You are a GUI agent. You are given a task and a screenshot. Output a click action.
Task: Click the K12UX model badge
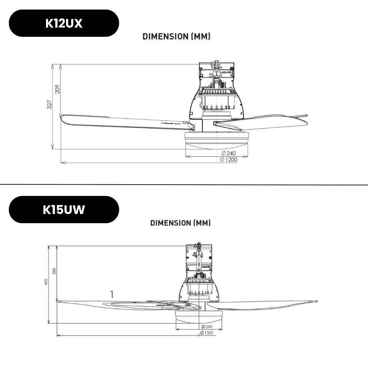(64, 23)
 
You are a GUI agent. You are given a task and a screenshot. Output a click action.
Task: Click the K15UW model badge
(64, 210)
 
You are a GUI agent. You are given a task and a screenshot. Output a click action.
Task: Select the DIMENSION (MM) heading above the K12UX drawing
(176, 36)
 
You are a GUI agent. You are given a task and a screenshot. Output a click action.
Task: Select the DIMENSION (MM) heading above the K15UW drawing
(180, 223)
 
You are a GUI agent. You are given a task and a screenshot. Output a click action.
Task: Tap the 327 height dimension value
(50, 105)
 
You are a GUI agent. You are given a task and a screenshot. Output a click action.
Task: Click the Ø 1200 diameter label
(229, 159)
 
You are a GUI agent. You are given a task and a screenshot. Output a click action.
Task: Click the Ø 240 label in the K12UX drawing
(228, 153)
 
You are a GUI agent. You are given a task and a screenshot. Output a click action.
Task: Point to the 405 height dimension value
(46, 281)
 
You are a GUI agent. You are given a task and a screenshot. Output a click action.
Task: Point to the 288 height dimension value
(54, 271)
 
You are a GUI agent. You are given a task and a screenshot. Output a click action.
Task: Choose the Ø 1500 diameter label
(206, 333)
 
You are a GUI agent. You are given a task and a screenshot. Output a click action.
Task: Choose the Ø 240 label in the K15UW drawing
(207, 326)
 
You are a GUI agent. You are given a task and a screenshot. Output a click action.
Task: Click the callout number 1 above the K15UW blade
(112, 294)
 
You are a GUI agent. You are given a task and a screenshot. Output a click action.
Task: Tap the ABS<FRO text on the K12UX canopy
(226, 73)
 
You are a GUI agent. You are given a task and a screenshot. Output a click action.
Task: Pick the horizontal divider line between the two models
(184, 185)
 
